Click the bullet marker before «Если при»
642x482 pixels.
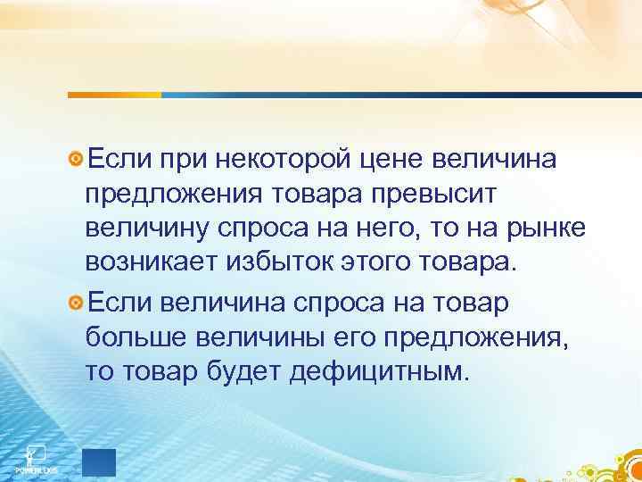point(77,159)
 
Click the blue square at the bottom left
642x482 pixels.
point(98,463)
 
